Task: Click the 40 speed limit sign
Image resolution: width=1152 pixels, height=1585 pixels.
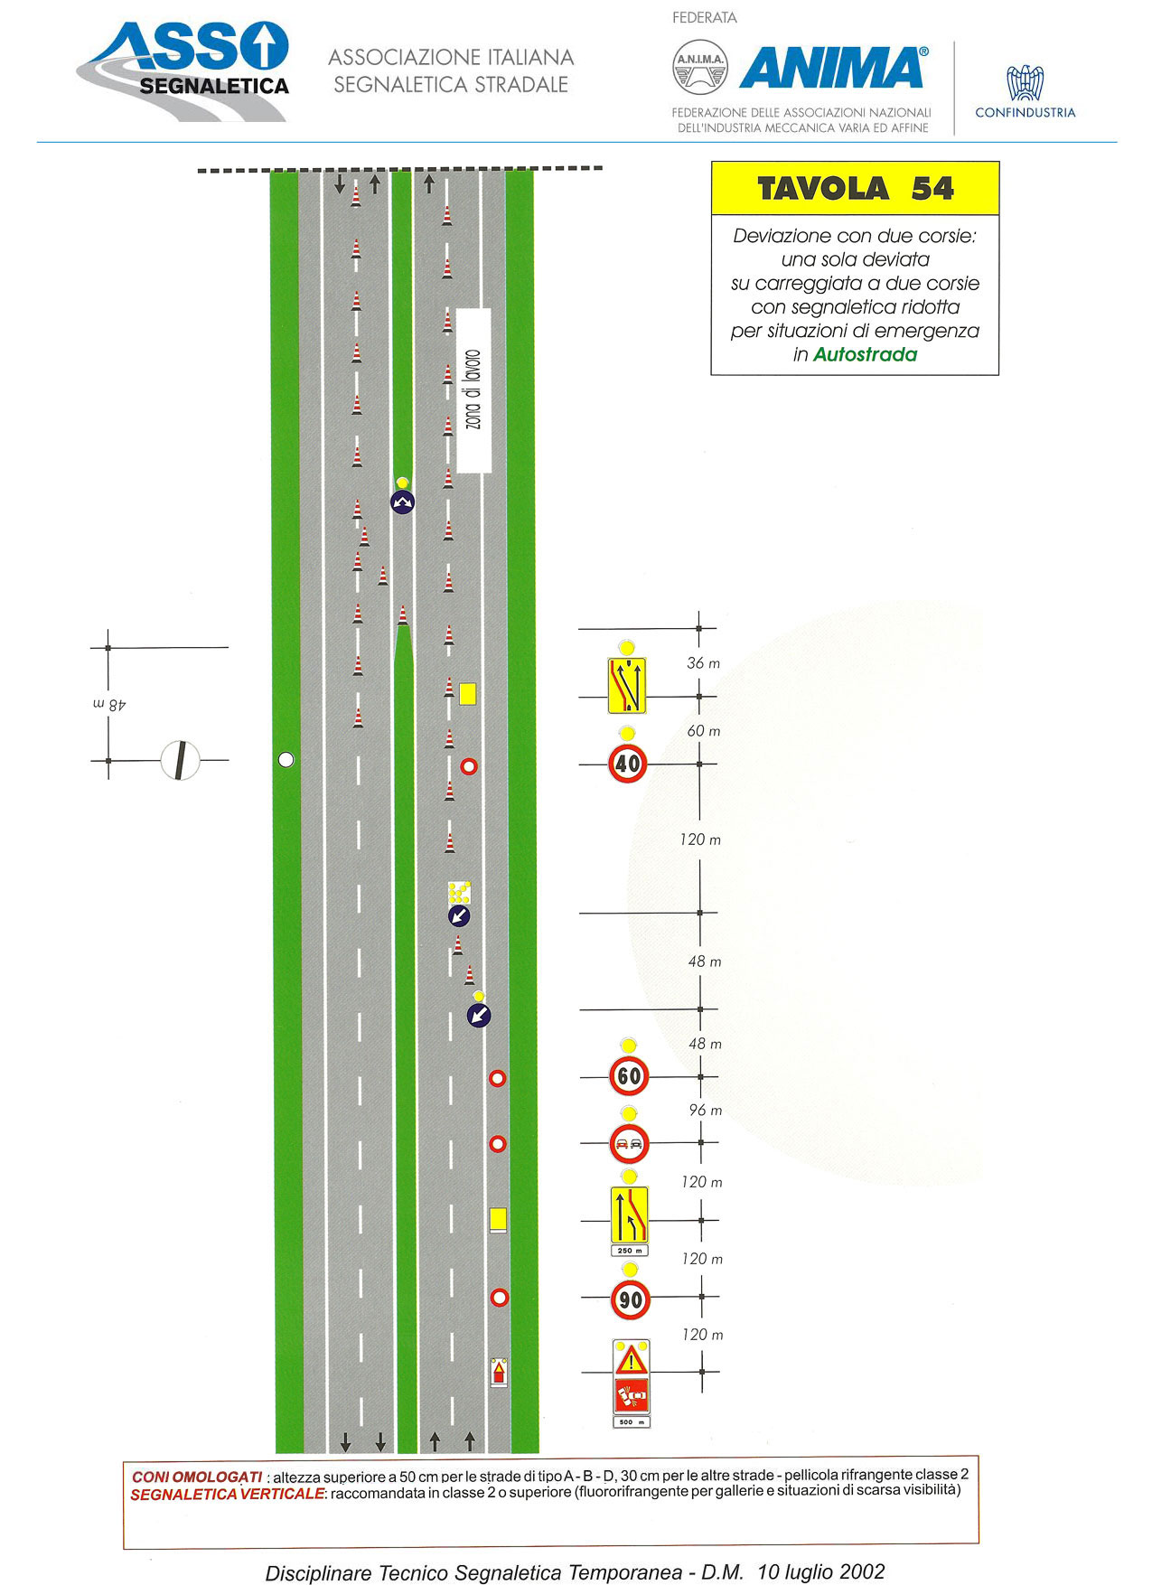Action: [x=627, y=764]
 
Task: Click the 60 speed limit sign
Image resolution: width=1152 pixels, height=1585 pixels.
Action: [x=629, y=1076]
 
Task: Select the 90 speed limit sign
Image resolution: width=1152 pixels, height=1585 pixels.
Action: [x=630, y=1300]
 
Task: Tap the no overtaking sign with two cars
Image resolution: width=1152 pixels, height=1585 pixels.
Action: [x=629, y=1144]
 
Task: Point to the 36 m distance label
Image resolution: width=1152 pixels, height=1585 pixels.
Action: [x=703, y=663]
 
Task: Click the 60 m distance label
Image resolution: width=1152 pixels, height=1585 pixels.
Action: [x=703, y=731]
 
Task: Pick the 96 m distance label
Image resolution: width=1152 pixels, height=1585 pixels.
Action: [x=705, y=1111]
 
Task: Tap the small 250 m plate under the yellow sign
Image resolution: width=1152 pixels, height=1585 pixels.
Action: [x=629, y=1251]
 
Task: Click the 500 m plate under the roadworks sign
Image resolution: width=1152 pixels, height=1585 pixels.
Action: [x=631, y=1422]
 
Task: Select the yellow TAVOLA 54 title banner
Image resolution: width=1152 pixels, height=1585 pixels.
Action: [x=855, y=189]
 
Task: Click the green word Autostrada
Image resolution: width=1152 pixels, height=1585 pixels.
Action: [x=865, y=355]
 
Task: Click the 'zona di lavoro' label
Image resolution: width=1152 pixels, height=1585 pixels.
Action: [x=473, y=390]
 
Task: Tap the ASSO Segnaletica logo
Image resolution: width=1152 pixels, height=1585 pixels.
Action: [x=183, y=70]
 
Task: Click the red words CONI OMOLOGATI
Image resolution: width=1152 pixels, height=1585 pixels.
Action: [x=196, y=1477]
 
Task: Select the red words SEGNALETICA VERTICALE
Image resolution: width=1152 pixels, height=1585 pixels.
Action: [x=227, y=1495]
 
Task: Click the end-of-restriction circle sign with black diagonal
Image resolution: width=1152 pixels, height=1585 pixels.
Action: [x=180, y=760]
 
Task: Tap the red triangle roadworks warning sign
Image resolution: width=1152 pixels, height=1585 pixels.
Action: [x=631, y=1359]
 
